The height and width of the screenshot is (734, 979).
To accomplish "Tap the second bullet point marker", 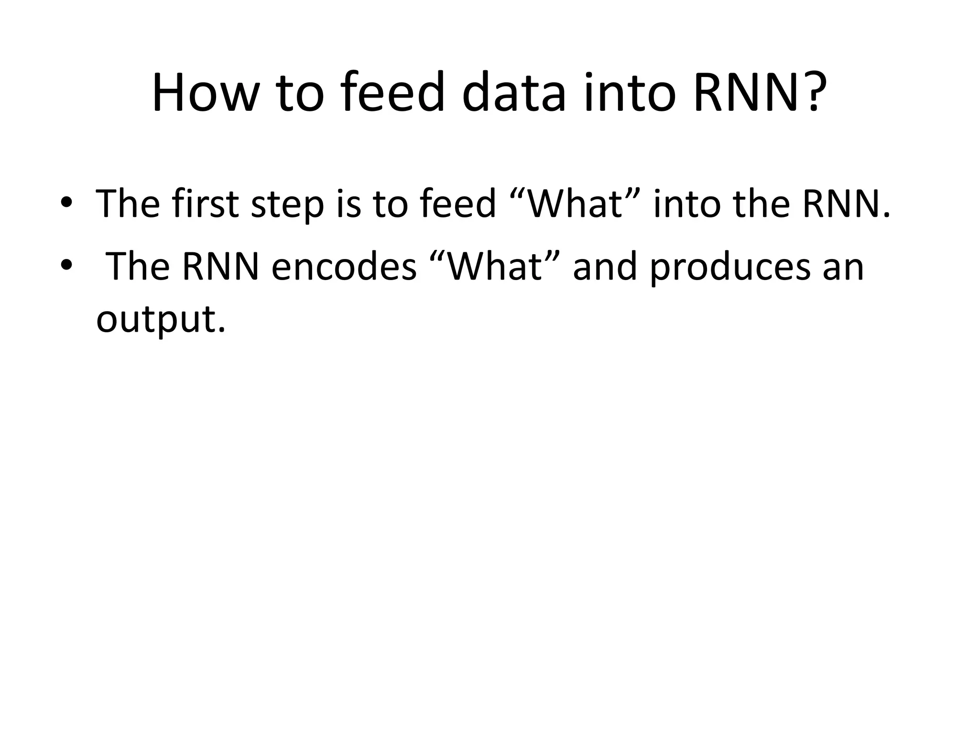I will pyautogui.click(x=66, y=264).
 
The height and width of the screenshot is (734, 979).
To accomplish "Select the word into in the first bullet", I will pyautogui.click(x=686, y=204).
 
